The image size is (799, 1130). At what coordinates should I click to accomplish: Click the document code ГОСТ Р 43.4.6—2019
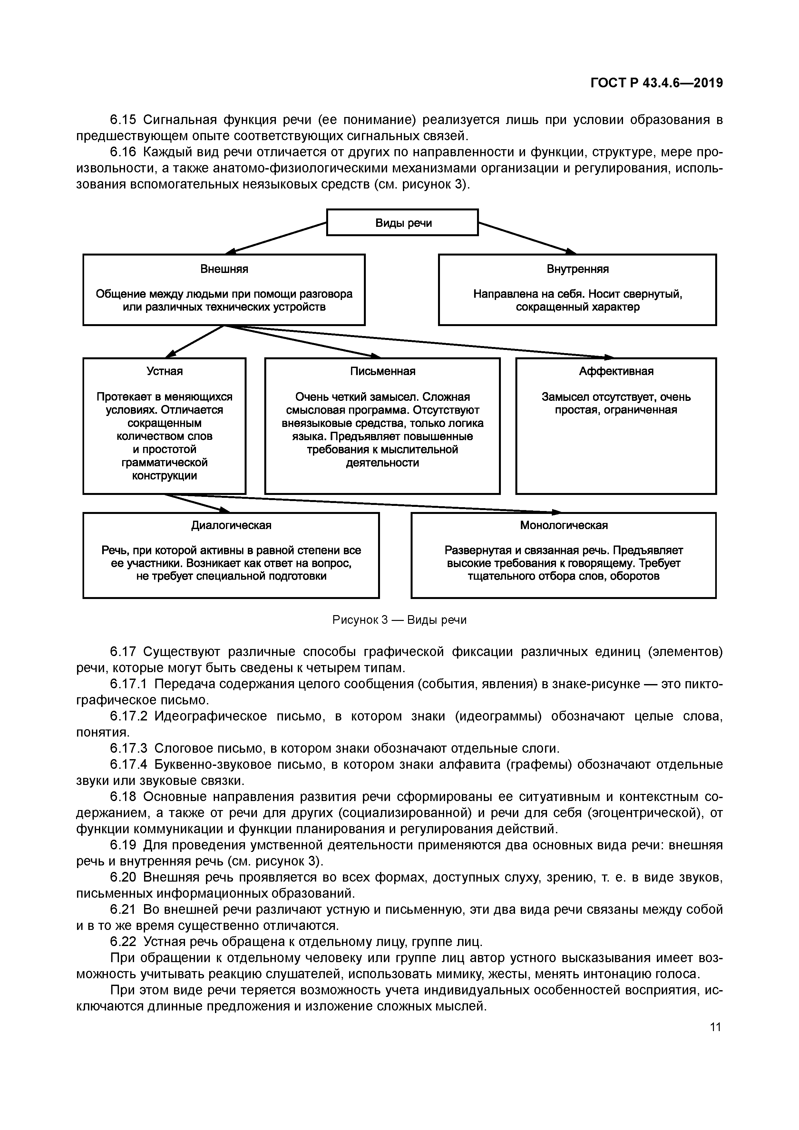pyautogui.click(x=656, y=83)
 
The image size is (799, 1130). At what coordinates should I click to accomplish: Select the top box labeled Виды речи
pyautogui.click(x=402, y=223)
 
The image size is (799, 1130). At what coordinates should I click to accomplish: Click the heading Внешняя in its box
pyautogui.click(x=224, y=269)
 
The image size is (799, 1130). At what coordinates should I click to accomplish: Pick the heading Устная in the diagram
pyautogui.click(x=164, y=371)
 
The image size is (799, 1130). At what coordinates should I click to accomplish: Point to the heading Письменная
pyautogui.click(x=383, y=371)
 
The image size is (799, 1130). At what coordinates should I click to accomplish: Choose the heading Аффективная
pyautogui.click(x=616, y=371)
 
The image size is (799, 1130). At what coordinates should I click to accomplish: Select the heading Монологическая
pyautogui.click(x=564, y=525)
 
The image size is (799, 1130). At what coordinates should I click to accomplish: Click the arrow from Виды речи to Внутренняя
pyautogui.click(x=527, y=238)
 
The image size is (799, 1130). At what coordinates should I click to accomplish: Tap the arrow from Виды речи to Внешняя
pyautogui.click(x=278, y=238)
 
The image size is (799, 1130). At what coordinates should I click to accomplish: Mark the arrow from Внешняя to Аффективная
pyautogui.click(x=418, y=341)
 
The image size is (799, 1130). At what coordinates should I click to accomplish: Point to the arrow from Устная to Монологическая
pyautogui.click(x=364, y=504)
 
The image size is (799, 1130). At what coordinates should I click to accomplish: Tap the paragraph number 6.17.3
pyautogui.click(x=129, y=749)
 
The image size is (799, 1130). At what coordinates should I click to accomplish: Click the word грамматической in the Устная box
pyautogui.click(x=164, y=463)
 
